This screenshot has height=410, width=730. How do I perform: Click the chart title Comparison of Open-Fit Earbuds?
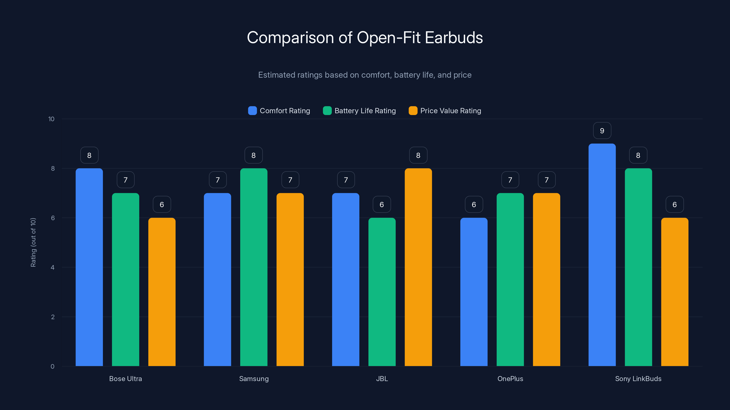pyautogui.click(x=365, y=38)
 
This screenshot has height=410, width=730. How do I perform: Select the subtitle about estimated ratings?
pyautogui.click(x=365, y=75)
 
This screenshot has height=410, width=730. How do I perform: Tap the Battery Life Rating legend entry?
pyautogui.click(x=359, y=111)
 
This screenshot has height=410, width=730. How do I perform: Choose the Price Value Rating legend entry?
pyautogui.click(x=445, y=111)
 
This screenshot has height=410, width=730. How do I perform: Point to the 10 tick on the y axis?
pyautogui.click(x=51, y=119)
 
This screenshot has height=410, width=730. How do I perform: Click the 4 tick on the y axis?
pyautogui.click(x=52, y=267)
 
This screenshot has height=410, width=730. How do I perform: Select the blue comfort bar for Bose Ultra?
pyautogui.click(x=89, y=267)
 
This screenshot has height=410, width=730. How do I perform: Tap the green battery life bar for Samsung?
pyautogui.click(x=254, y=267)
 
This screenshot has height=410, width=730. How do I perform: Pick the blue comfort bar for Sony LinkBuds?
pyautogui.click(x=602, y=255)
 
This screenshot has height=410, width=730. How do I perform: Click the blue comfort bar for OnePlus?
pyautogui.click(x=474, y=292)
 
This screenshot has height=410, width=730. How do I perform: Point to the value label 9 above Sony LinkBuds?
pyautogui.click(x=602, y=131)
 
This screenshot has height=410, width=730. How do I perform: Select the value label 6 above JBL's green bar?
pyautogui.click(x=382, y=205)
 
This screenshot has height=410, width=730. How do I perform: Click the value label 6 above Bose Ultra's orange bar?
pyautogui.click(x=162, y=205)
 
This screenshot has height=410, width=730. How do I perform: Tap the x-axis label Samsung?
pyautogui.click(x=254, y=379)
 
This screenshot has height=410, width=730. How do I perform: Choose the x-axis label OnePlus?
pyautogui.click(x=510, y=379)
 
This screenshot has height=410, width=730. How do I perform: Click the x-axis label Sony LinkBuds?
pyautogui.click(x=638, y=379)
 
